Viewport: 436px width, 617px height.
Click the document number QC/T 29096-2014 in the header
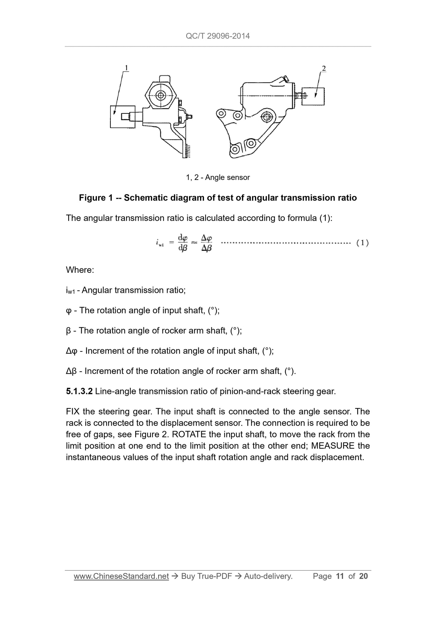218,36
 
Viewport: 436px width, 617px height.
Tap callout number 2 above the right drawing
324,69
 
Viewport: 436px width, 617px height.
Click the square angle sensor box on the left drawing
123,117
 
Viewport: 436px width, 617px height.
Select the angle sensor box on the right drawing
313,96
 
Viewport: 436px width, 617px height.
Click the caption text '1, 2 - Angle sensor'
218,177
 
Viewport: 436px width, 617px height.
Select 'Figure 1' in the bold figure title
96,198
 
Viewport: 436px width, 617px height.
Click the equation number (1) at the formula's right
362,243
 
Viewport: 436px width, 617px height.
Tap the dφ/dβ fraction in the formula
183,243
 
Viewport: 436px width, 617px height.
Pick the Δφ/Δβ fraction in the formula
206,243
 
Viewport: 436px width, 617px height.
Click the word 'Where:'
80,270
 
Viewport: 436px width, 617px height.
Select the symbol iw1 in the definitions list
70,291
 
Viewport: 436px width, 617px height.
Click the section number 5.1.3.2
79,392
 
